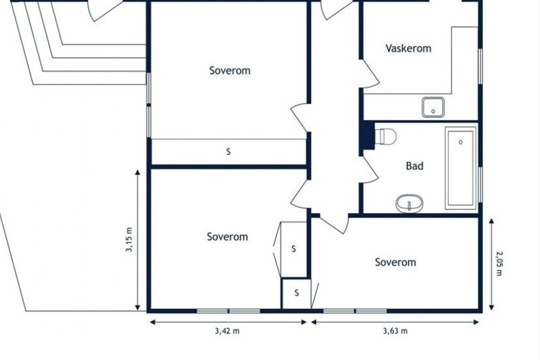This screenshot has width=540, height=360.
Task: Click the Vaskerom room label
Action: tap(408, 48)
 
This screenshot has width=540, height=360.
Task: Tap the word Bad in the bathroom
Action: tap(415, 166)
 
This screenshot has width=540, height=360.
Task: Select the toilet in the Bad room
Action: tap(385, 136)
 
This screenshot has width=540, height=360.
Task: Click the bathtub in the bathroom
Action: tap(461, 168)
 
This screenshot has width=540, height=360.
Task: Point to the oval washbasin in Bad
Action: tap(409, 203)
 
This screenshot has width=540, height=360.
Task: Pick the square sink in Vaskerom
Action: tap(433, 107)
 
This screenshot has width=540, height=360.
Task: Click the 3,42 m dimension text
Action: tap(227, 331)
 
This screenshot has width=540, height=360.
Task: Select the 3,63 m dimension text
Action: tap(395, 331)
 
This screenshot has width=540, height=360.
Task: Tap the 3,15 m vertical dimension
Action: tap(129, 239)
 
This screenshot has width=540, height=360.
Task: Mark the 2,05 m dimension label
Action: tap(499, 263)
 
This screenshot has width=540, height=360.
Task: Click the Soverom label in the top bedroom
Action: tap(230, 71)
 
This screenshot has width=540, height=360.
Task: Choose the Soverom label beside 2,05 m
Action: tap(395, 262)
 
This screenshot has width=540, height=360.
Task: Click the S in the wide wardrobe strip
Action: tap(229, 152)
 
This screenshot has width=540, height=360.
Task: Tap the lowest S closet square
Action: tap(296, 293)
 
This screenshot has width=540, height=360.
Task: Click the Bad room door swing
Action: tap(371, 170)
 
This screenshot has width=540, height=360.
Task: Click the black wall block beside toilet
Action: tap(367, 136)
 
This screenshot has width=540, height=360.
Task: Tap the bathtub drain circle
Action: tap(460, 142)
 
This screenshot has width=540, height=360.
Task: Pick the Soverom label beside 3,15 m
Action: tap(227, 236)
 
